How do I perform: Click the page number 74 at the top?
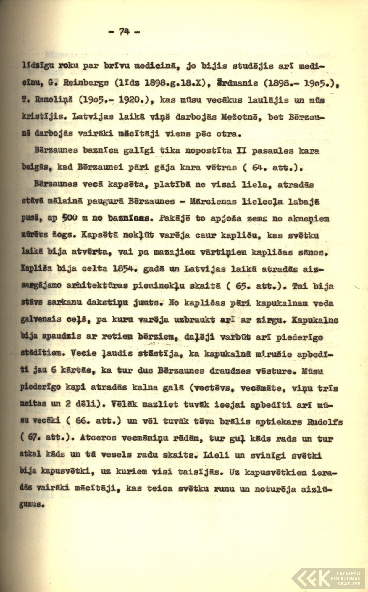click(125, 31)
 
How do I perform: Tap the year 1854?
click(126, 269)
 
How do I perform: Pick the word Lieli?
click(217, 455)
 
